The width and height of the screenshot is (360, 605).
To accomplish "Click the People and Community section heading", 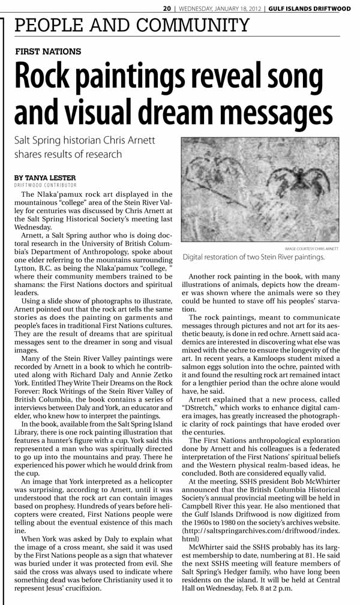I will tap(131, 26).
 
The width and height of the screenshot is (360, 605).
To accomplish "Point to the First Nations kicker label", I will tap(48, 52).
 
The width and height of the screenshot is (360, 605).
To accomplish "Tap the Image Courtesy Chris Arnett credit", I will tap(311, 248).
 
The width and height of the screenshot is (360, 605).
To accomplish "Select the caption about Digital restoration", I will tap(253, 257).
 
